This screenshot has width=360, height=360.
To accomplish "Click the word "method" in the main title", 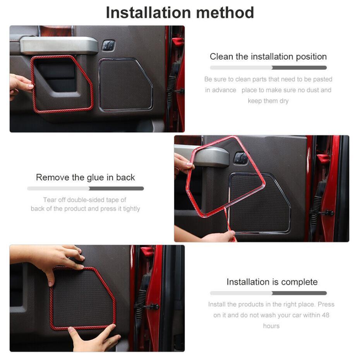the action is [225, 13].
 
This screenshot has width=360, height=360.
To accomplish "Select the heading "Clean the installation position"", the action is [268, 57].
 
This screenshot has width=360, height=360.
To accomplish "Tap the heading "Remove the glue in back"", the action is [86, 177].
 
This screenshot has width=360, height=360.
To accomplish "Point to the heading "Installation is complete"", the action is [272, 282].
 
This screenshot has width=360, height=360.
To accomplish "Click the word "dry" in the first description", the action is [284, 101].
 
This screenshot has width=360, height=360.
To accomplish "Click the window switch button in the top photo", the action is [108, 45].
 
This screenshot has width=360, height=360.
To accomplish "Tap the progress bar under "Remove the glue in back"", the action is [86, 189].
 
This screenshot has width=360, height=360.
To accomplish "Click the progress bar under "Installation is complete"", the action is [268, 293].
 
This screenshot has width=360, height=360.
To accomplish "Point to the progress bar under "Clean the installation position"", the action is [268, 68].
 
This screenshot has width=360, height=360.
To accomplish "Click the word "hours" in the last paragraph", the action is [271, 326].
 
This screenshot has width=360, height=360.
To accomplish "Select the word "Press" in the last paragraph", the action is [326, 304].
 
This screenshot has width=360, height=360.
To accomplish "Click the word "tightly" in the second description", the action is [132, 209].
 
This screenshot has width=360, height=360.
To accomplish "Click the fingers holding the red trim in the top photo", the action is [22, 84].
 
